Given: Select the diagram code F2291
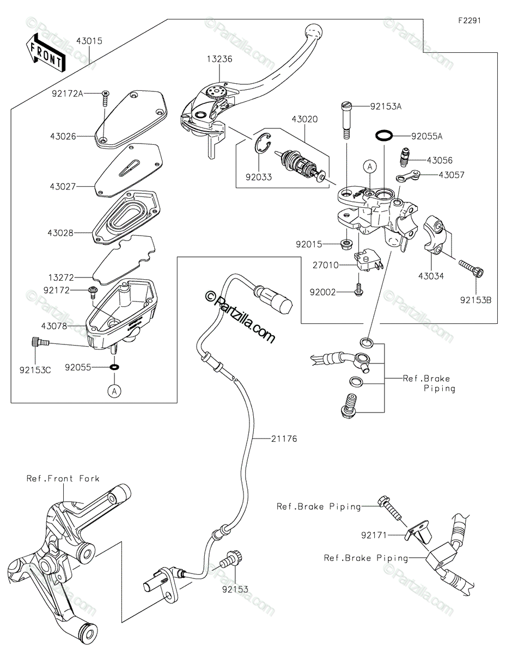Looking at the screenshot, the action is pos(470,21).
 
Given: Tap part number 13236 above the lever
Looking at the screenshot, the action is pos(220,59).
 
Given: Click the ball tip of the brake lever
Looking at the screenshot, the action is pos(313,31).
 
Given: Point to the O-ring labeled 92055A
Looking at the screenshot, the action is pos(384,135).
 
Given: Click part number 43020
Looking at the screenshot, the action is pos(304,119).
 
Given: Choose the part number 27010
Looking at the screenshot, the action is pos(326,265).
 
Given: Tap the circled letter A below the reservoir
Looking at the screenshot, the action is pos(114,391).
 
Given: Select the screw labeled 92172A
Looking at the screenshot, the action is pos(105,98).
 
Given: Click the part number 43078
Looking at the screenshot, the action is pos(54,326).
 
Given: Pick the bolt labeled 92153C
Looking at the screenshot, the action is pos(40,342).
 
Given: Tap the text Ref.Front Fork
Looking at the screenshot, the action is pos(63,478).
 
